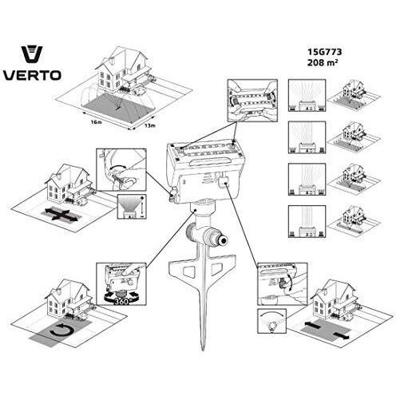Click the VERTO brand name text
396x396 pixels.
(32, 75)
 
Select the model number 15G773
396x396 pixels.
(324, 52)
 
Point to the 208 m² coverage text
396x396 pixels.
(323, 62)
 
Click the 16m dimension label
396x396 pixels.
(96, 122)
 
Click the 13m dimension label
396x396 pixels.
(150, 125)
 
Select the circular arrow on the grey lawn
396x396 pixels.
(61, 331)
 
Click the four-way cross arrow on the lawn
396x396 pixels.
(61, 215)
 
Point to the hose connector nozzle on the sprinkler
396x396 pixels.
(219, 240)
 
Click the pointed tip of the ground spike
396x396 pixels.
(204, 349)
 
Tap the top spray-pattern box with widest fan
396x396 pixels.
(307, 95)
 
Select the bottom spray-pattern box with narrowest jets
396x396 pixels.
(307, 221)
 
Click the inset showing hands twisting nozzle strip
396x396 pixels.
(252, 101)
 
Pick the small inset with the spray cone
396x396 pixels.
(132, 207)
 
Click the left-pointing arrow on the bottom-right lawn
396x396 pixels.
(314, 324)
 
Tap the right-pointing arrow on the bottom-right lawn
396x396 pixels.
(341, 336)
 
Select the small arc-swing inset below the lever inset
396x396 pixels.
(271, 321)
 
